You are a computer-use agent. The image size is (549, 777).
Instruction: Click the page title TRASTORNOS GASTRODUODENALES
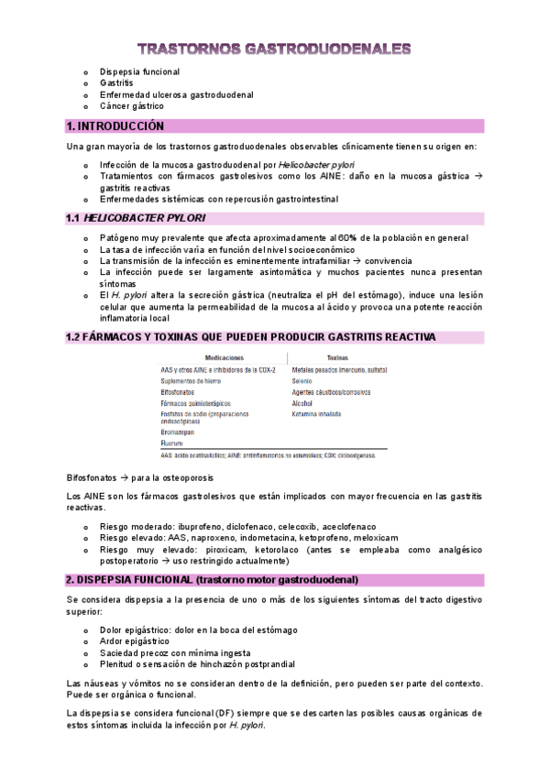(274, 49)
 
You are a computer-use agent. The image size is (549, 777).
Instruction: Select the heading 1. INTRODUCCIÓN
(115, 126)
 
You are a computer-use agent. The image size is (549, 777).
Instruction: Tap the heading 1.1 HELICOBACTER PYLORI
(136, 218)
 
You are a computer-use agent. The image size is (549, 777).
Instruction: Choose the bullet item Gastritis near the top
(117, 82)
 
